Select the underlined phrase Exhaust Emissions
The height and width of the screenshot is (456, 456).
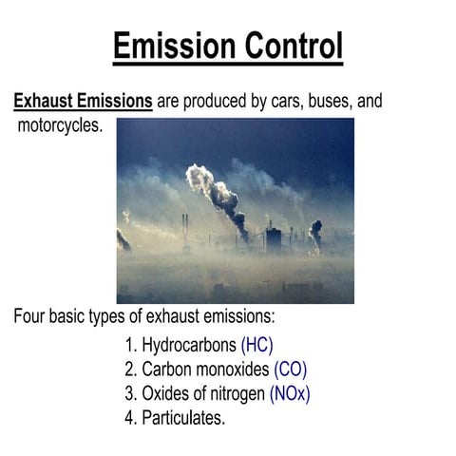(83, 101)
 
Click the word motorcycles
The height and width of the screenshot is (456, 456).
(59, 125)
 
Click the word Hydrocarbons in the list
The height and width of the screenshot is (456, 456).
(189, 344)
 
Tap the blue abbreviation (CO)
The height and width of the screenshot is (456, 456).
(290, 369)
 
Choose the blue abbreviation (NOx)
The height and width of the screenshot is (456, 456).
(290, 393)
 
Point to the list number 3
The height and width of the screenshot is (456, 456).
(130, 393)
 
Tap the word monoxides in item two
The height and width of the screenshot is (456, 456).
(233, 369)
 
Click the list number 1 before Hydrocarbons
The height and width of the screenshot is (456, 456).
(130, 344)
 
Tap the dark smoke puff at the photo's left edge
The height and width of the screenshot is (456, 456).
(123, 240)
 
